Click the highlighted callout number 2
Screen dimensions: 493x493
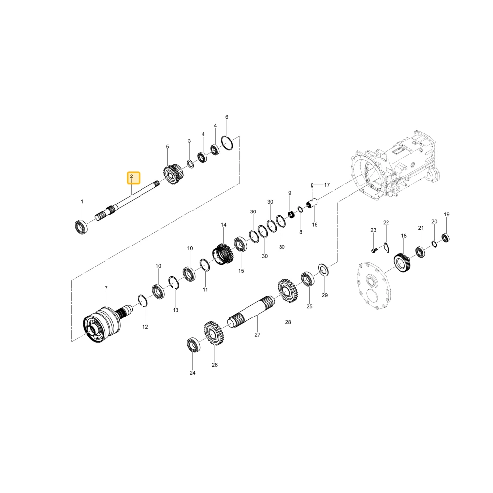coord(132,176)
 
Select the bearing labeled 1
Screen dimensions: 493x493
coord(81,227)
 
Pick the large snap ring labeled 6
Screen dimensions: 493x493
coord(227,143)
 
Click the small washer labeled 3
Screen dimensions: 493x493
coord(190,164)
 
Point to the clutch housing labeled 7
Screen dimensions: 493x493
coord(102,325)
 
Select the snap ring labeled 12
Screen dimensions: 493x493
coord(142,300)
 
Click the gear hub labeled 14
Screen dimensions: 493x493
coord(223,253)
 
